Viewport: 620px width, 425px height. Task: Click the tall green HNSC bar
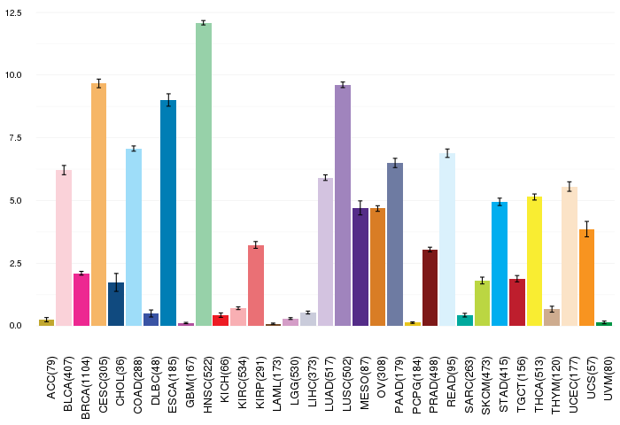204,174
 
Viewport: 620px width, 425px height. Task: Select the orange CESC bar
99,205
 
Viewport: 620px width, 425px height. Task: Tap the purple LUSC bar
343,205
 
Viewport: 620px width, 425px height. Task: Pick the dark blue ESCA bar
168,212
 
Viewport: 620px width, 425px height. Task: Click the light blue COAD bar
134,237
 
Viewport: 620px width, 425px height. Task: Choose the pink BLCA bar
64,248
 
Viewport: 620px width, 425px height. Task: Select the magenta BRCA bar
81,299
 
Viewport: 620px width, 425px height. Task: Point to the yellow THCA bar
535,261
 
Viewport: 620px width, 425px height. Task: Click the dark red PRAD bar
430,288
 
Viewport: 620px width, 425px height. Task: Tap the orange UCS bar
586,277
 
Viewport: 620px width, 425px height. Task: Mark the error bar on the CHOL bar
116,282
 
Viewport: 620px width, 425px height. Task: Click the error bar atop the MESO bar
360,208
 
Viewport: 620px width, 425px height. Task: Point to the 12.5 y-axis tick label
13,13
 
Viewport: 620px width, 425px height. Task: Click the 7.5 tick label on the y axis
15,138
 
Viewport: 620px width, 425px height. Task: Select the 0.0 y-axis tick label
15,326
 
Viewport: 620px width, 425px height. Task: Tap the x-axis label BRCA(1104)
85,388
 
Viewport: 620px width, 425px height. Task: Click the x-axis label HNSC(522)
207,384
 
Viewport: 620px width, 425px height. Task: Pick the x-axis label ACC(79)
51,377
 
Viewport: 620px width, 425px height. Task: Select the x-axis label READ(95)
451,382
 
